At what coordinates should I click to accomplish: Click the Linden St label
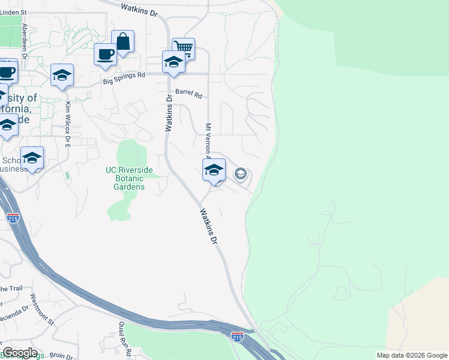pos(14,12)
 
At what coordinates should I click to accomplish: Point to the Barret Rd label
pos(189,95)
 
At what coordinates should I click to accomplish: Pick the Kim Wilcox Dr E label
pos(68,125)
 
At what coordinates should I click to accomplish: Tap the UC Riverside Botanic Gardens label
pos(129,178)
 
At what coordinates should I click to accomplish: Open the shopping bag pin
pos(122,42)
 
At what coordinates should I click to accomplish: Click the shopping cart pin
pos(183,48)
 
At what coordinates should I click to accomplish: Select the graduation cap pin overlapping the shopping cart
pos(173,62)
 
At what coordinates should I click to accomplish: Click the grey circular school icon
pos(241,174)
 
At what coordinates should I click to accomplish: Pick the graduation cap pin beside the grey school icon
pos(214,170)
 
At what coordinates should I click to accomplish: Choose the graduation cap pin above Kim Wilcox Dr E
pos(62,75)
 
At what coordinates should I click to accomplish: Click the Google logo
pos(19,353)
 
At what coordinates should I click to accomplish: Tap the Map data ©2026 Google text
pos(412,355)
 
